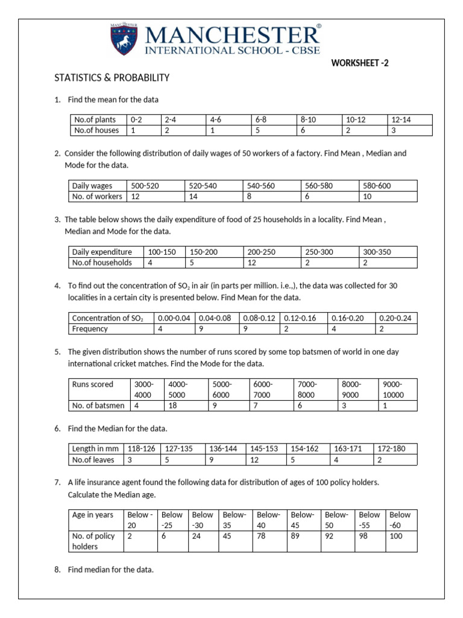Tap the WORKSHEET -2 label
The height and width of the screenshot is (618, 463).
[356, 62]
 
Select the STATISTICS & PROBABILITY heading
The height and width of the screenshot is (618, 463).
[112, 78]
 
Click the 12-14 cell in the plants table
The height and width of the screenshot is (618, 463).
[402, 119]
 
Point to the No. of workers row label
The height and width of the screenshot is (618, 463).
[96, 196]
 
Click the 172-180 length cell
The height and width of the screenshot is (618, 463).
[391, 448]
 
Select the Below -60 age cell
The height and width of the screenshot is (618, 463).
[400, 520]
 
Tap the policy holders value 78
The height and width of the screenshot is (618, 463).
[261, 536]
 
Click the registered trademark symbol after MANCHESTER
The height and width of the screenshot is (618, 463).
[319, 27]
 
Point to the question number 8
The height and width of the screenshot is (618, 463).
[57, 569]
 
